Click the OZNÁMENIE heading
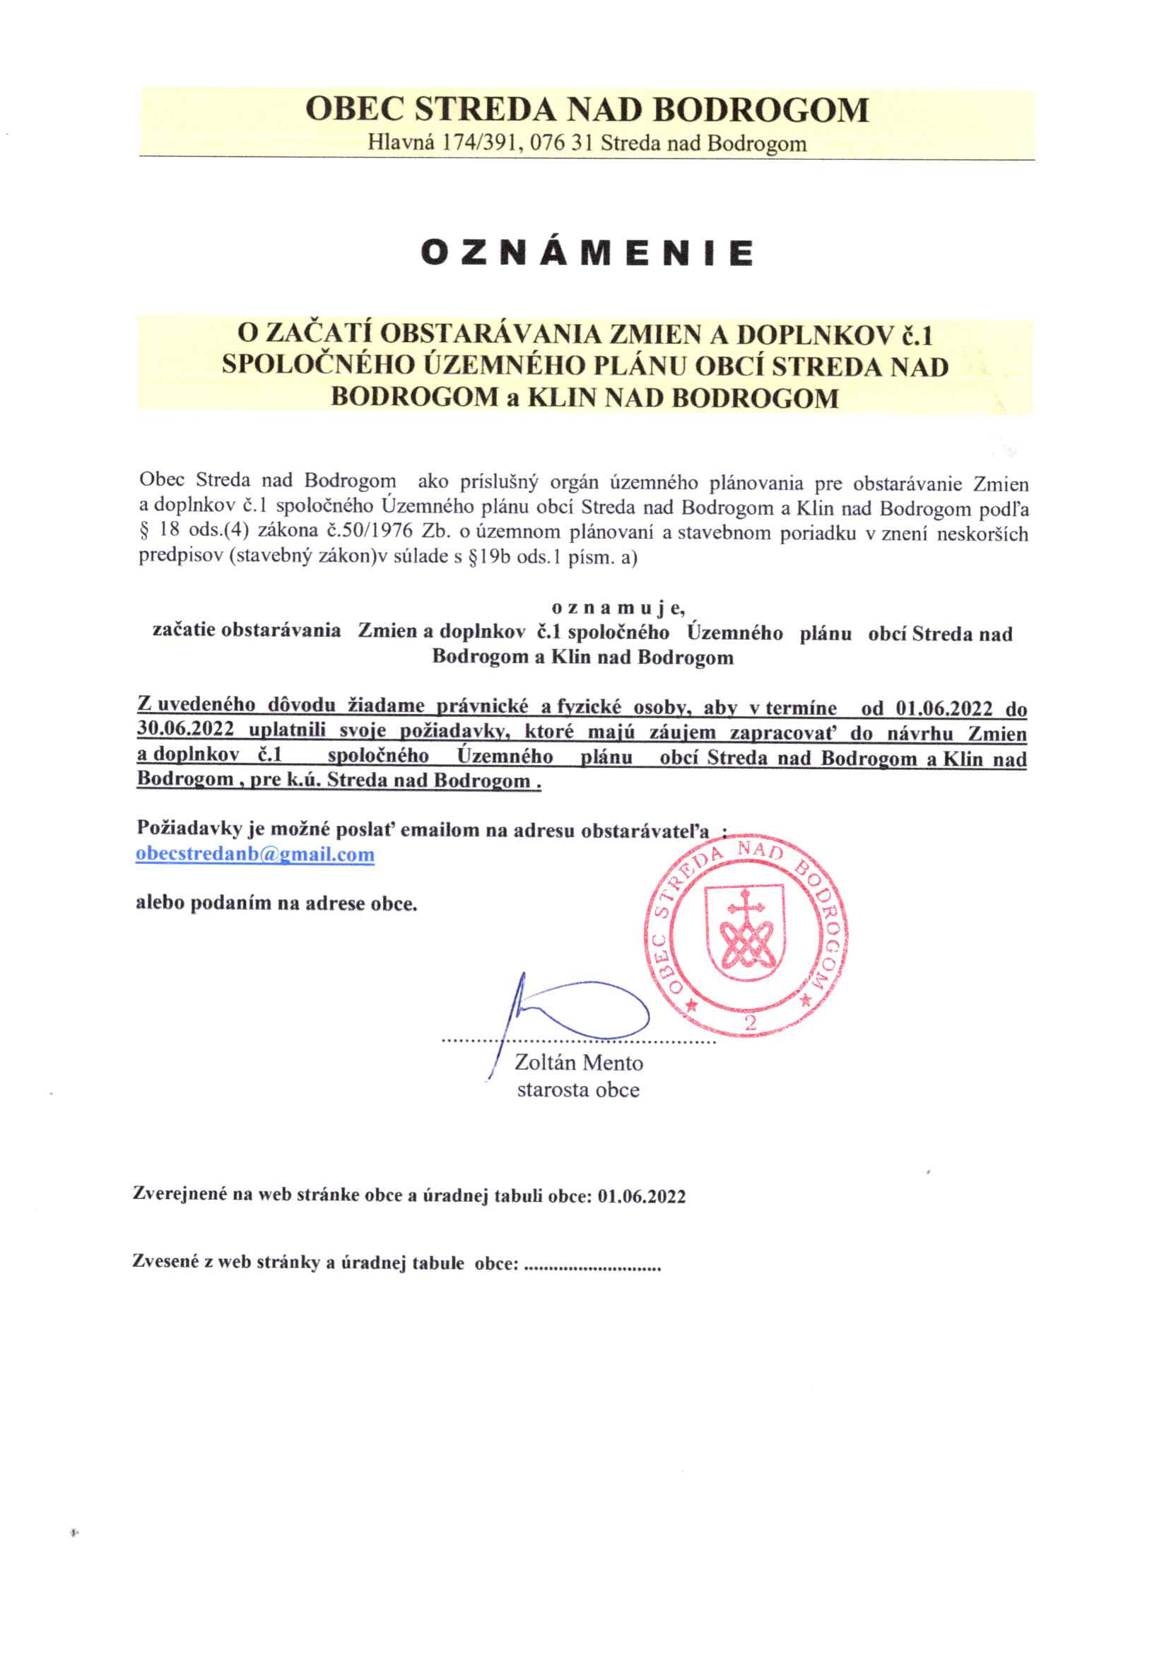(587, 253)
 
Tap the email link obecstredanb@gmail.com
(256, 855)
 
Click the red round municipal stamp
(750, 940)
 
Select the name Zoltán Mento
(579, 1063)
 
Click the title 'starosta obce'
(578, 1090)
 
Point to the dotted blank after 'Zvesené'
(594, 1264)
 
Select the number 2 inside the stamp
(750, 1024)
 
